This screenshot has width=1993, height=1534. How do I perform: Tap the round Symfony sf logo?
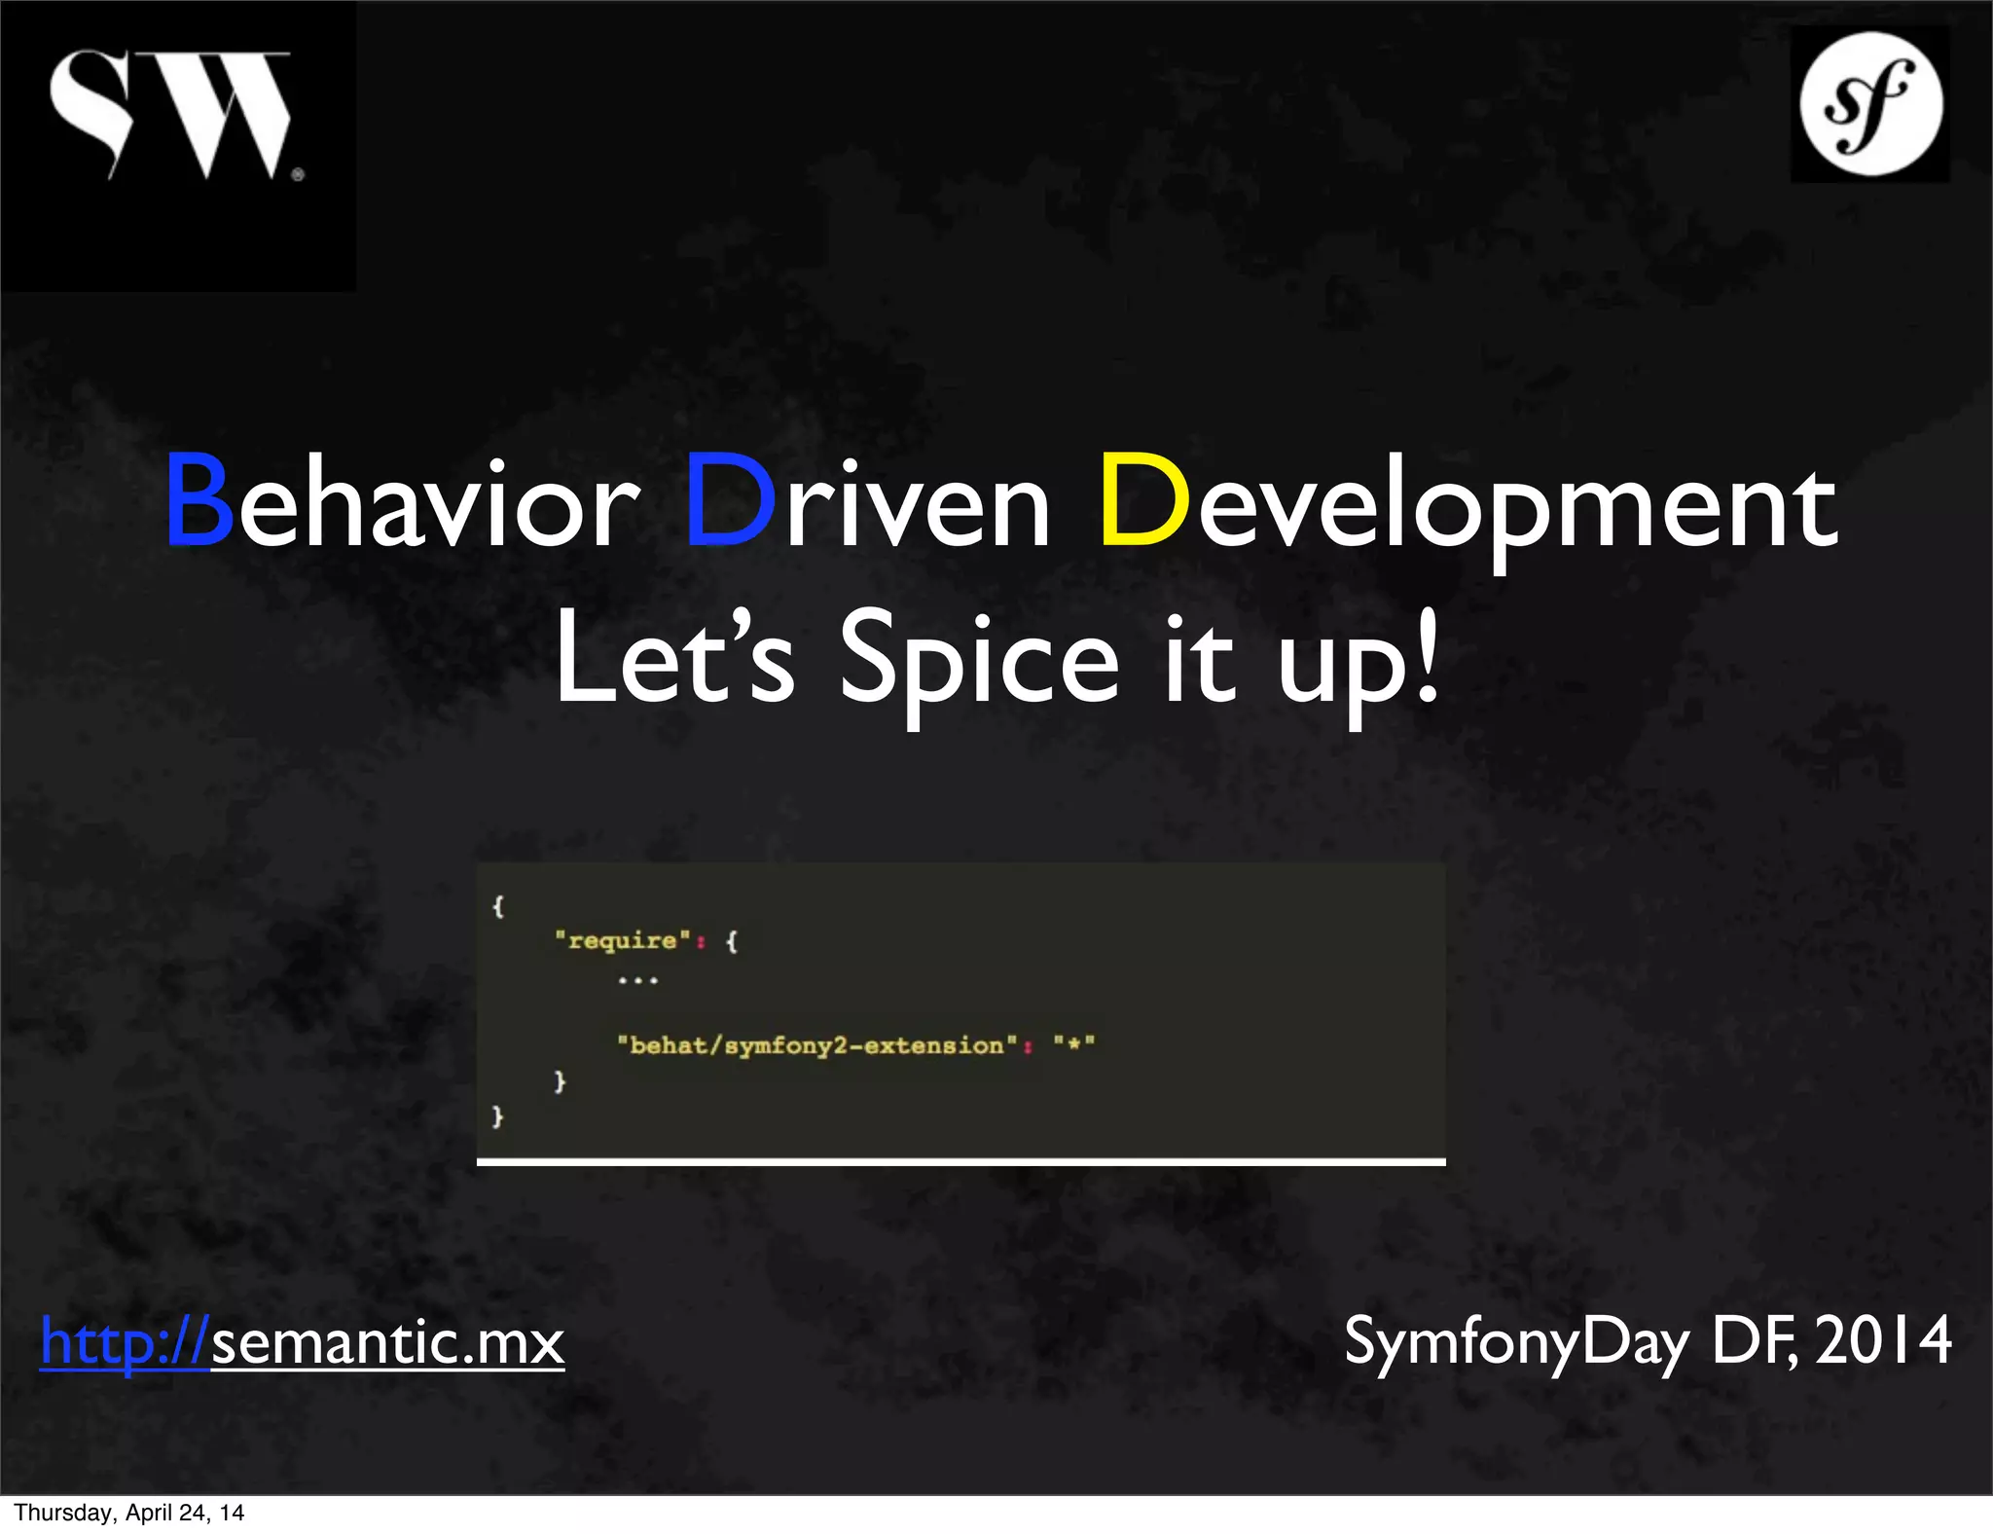click(x=1869, y=103)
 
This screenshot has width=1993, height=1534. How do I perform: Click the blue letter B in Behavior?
click(x=199, y=501)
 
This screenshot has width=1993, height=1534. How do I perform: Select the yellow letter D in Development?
click(x=1143, y=501)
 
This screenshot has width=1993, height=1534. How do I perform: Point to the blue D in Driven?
click(x=730, y=501)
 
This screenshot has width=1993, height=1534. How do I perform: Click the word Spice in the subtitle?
click(x=978, y=662)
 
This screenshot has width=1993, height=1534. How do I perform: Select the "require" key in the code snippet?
click(x=623, y=940)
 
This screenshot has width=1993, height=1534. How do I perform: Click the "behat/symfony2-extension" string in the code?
click(x=817, y=1045)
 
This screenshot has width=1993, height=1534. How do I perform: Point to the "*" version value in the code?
click(x=1074, y=1044)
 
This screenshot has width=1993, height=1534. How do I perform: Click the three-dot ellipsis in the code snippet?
click(x=638, y=981)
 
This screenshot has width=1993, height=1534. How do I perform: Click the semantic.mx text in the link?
click(x=387, y=1343)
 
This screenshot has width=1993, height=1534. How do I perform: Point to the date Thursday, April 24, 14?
click(x=128, y=1513)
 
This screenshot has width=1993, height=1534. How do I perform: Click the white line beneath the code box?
click(x=960, y=1161)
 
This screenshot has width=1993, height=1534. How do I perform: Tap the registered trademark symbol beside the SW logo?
click(x=298, y=175)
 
